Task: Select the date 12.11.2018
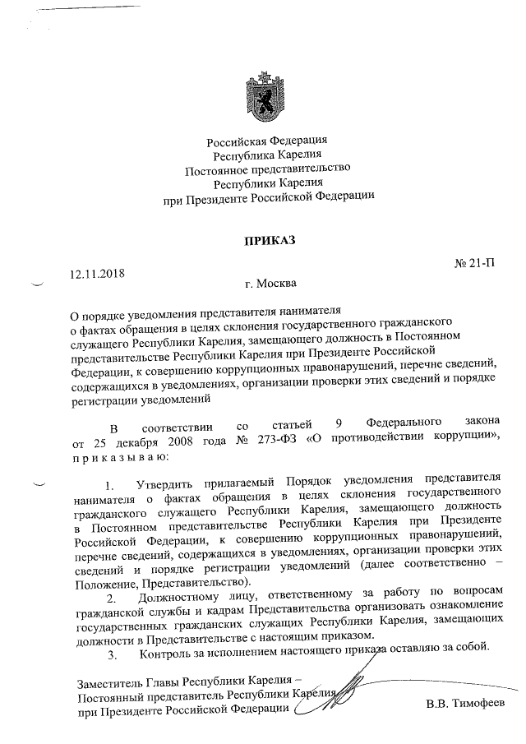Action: [x=91, y=270]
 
